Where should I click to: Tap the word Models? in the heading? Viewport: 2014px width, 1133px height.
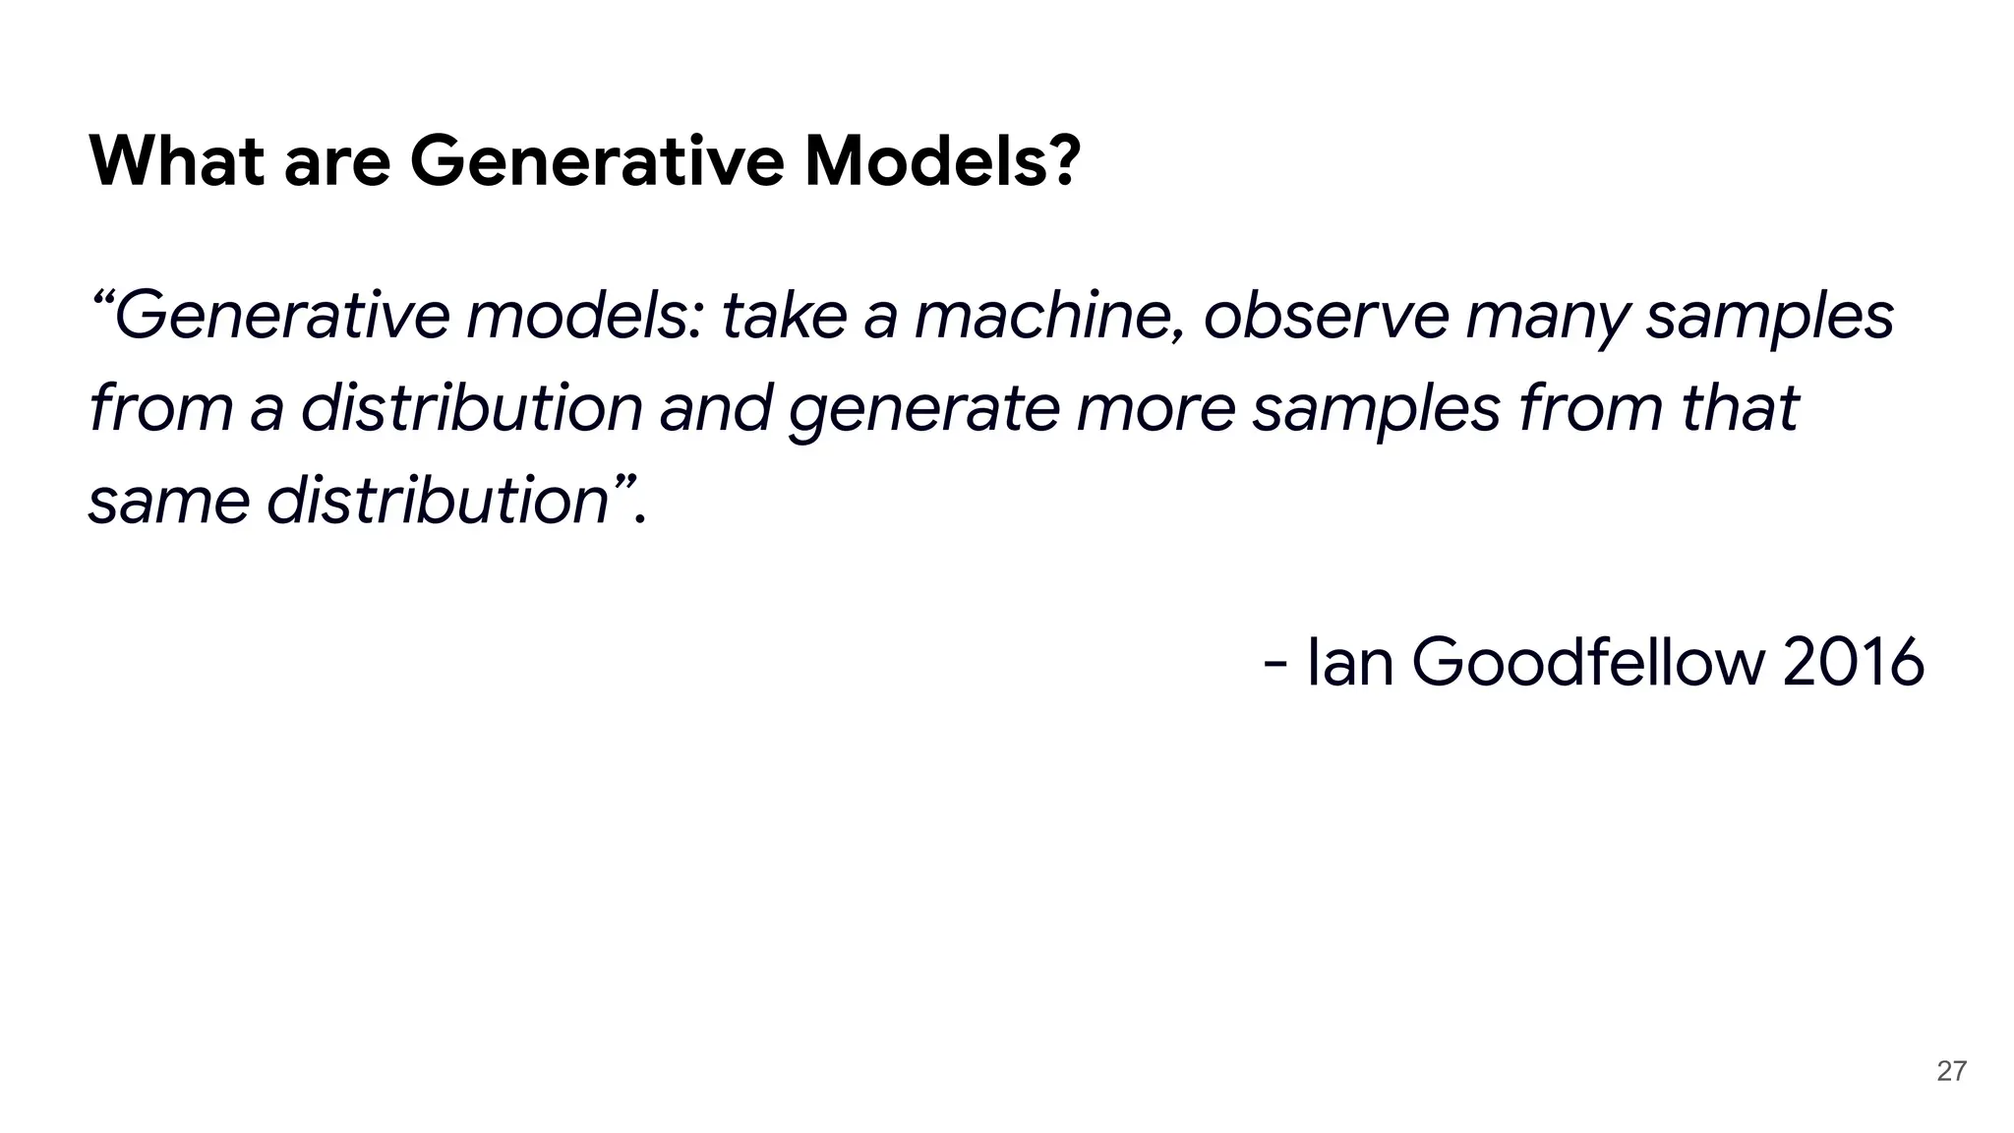coord(943,160)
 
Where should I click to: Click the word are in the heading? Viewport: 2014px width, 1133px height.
coord(337,162)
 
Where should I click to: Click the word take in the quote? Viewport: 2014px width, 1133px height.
coord(783,316)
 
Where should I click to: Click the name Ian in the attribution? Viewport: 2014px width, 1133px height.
coord(1350,662)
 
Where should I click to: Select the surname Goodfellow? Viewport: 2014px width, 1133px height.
coord(1588,662)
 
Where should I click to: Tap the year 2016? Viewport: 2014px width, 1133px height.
coord(1853,662)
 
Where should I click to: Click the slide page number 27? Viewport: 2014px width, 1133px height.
coord(1951,1071)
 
